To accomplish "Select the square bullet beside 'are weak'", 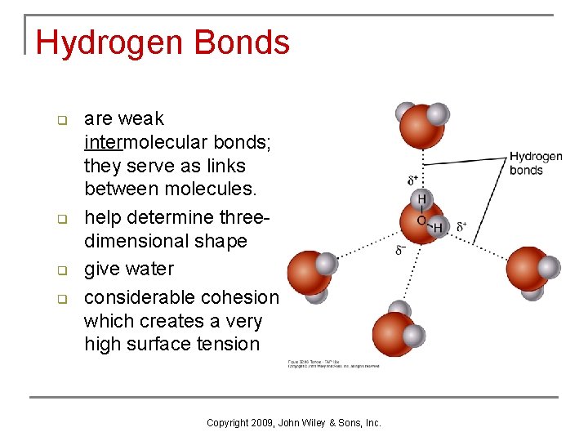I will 60,121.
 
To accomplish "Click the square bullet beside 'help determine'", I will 60,220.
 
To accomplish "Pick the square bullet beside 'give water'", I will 60,270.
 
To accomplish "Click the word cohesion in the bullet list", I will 238,297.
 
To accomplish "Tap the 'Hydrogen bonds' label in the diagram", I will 536,163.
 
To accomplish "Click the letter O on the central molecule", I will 421,220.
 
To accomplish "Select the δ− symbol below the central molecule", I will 401,250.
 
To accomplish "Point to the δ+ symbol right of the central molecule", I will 462,226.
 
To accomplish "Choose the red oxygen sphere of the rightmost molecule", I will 526,269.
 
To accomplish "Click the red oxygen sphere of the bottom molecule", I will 394,333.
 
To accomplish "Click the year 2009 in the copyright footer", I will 261,423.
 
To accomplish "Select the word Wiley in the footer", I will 325,423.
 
